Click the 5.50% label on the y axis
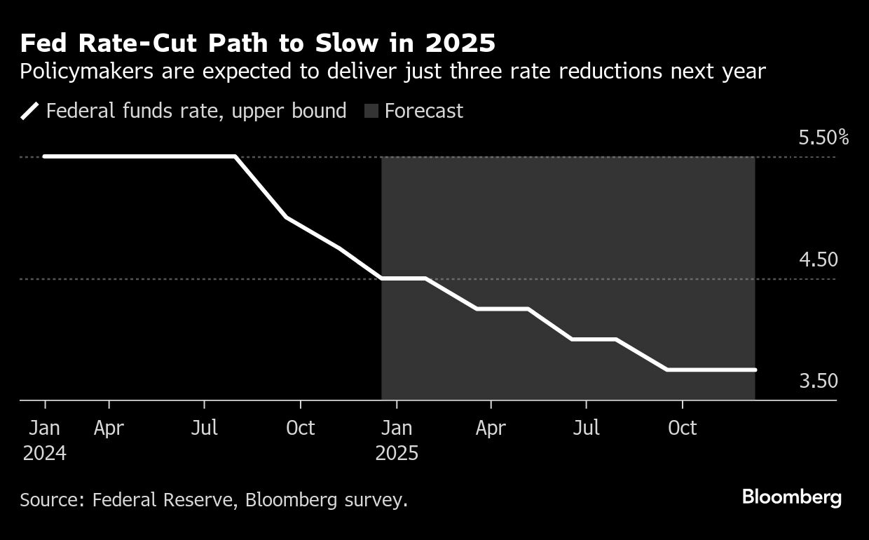pos(823,137)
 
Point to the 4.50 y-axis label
pos(818,259)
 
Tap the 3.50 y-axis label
pos(818,381)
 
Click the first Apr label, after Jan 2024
pos(109,428)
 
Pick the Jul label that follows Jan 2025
pos(586,428)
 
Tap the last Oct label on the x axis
pos(682,428)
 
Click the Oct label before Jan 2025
pos(300,428)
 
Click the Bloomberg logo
pos(791,498)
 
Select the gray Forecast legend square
pos(371,112)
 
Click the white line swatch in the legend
pos(30,112)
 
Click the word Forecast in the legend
pos(423,112)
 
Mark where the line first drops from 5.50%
pos(234,156)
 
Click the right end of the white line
pos(755,370)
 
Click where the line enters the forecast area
pos(382,278)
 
